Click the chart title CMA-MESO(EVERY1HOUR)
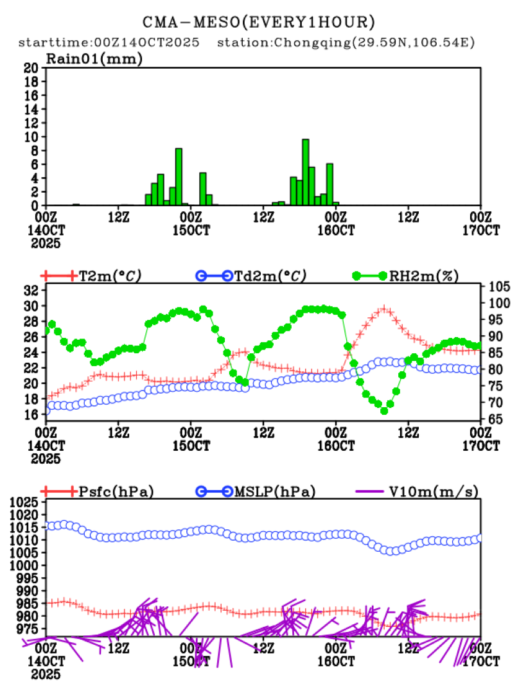point(258,22)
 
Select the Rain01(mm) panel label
point(94,59)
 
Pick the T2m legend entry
point(109,276)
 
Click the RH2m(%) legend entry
point(423,276)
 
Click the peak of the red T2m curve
point(384,309)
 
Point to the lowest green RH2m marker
point(384,410)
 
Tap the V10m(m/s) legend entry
point(434,492)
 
